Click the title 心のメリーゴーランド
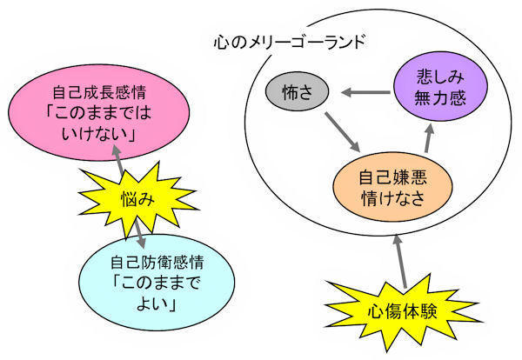(288, 41)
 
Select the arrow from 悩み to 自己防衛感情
(139, 231)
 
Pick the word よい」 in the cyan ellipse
(144, 305)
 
